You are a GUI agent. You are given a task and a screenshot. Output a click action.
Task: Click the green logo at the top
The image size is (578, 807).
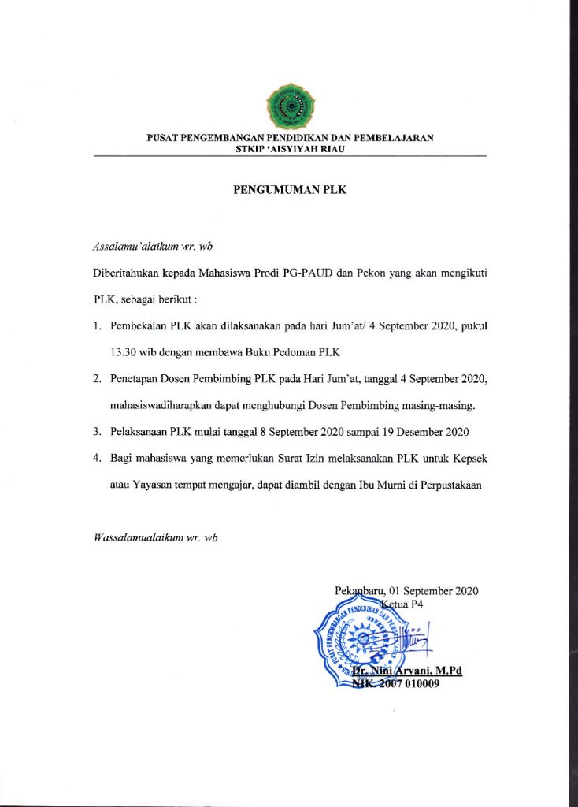[290, 109]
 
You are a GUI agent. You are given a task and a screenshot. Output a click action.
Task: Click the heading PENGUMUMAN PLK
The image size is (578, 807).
[289, 190]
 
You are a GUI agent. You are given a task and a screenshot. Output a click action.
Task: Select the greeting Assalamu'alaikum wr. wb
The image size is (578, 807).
[154, 247]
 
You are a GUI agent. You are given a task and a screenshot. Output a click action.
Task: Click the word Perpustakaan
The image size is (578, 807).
[459, 485]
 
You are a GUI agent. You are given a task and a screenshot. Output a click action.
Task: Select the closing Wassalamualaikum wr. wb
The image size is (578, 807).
[155, 537]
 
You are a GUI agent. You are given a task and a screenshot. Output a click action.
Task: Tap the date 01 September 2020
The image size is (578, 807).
[432, 591]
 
